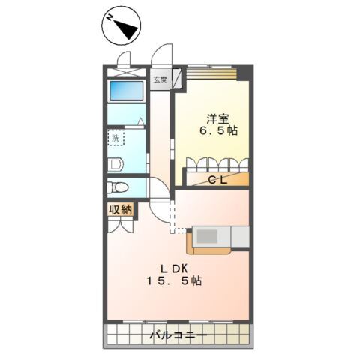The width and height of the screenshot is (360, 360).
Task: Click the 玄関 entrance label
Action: pos(161,79)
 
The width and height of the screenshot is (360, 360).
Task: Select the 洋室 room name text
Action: pos(217,118)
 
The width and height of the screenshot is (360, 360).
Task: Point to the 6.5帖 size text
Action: pos(217,131)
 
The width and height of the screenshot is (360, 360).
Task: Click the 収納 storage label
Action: pos(120,210)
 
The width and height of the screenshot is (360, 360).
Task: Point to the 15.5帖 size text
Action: pos(174,282)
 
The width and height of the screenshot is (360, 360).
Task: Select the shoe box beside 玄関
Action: pos(178,79)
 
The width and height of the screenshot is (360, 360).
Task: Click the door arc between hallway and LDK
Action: pos(159,192)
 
